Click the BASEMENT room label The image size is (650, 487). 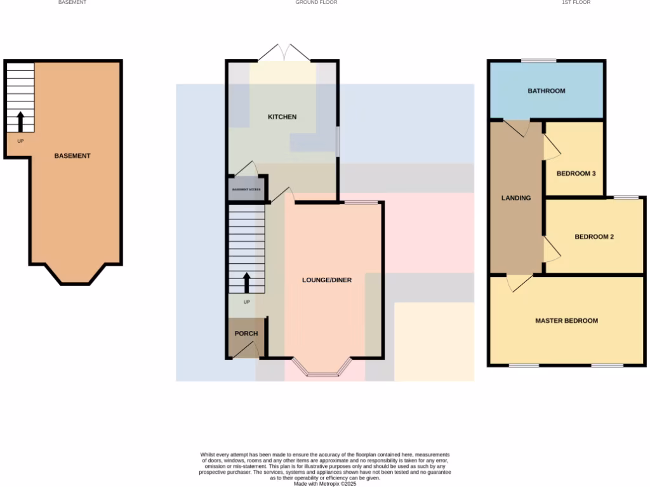pos(72,156)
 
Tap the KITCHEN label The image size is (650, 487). pos(282,117)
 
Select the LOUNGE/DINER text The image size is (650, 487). pos(326,280)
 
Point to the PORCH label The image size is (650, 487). pos(246,334)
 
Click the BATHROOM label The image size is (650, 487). pos(546,91)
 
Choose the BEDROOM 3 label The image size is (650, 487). pos(576,173)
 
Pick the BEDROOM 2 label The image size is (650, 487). pos(594,237)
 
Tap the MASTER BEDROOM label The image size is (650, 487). pos(566,321)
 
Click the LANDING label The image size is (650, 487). pos(516,198)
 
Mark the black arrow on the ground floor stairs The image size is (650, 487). pos(246,282)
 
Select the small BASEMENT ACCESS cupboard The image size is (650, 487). pos(246,190)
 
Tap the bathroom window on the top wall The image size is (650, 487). pos(539,61)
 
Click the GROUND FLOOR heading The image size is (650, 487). pos(316,3)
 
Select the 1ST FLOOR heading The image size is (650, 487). pos(576,3)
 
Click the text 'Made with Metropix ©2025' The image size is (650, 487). pos(325,484)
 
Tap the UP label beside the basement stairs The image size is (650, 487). pos(20,141)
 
